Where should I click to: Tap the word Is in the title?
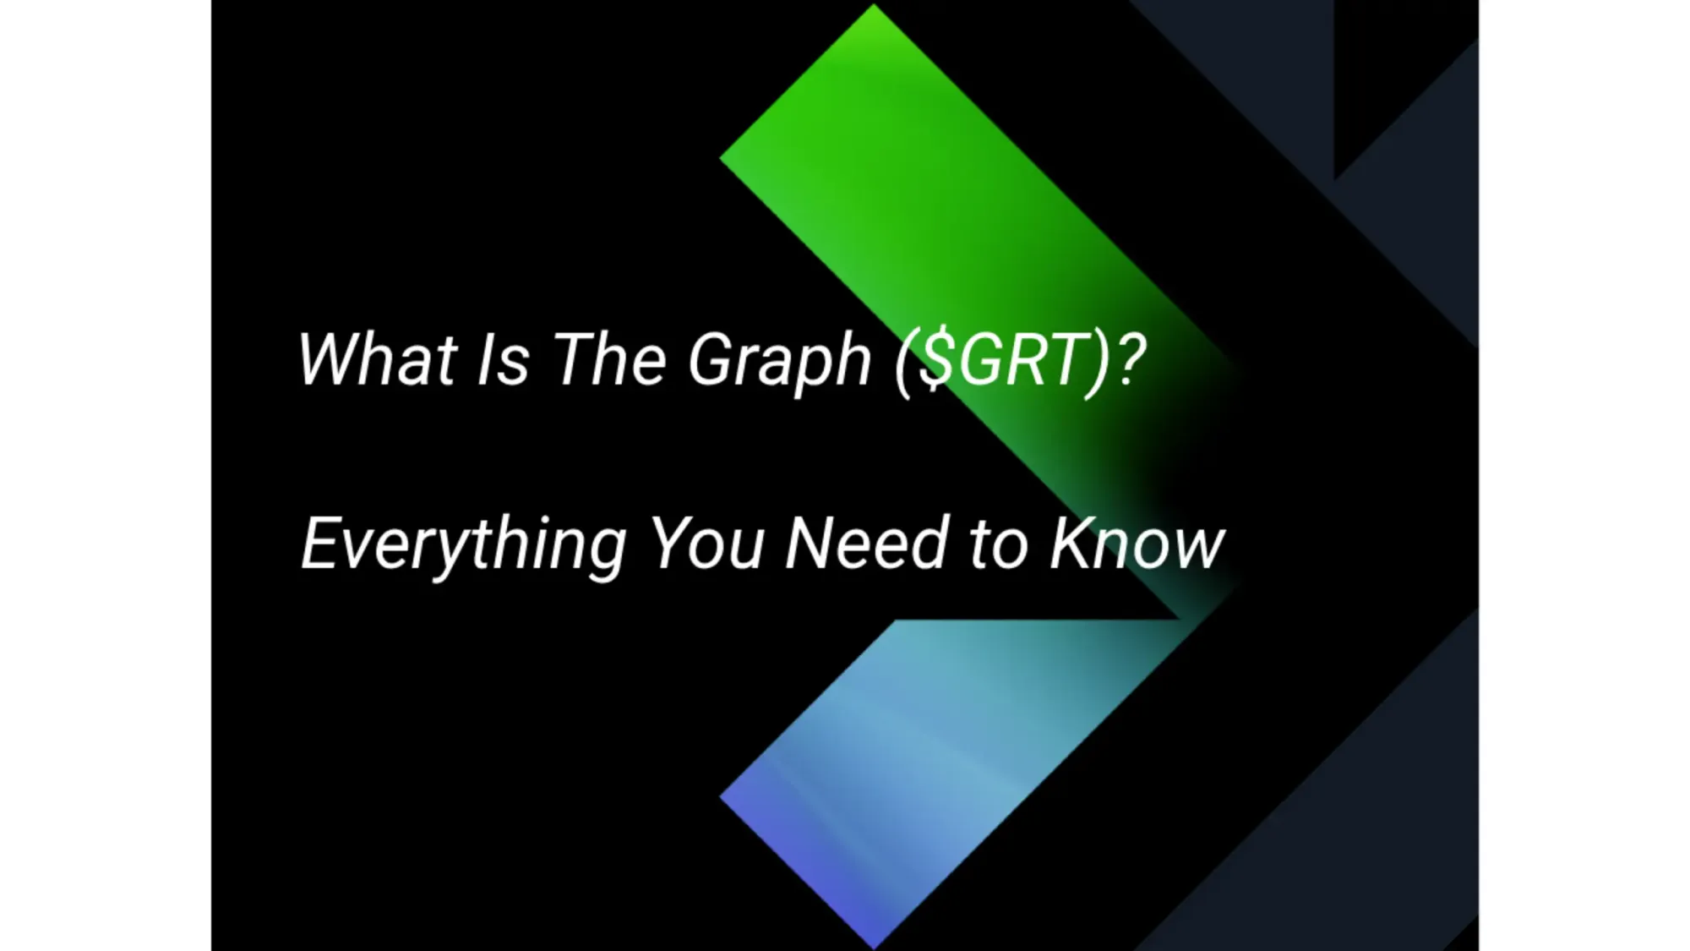click(504, 359)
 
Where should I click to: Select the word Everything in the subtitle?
click(464, 545)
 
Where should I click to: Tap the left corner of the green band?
click(723, 157)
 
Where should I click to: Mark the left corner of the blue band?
click(723, 796)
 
